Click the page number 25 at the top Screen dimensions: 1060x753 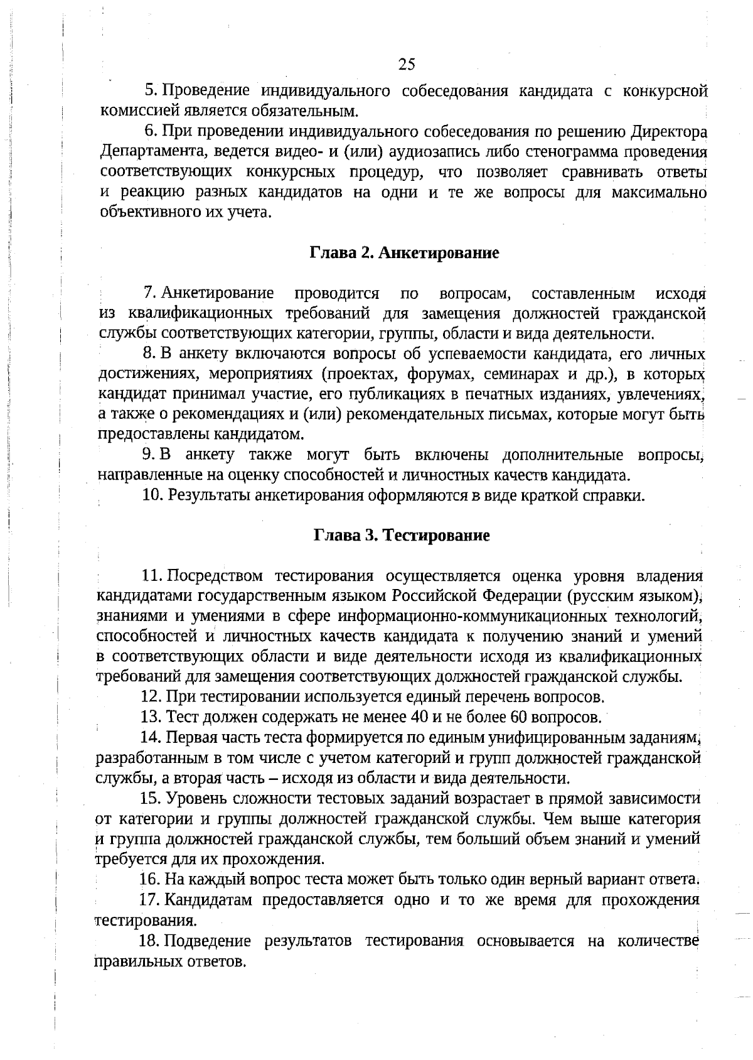407,64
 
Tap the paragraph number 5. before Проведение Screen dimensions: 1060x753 151,91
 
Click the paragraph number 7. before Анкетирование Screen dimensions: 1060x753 150,293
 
